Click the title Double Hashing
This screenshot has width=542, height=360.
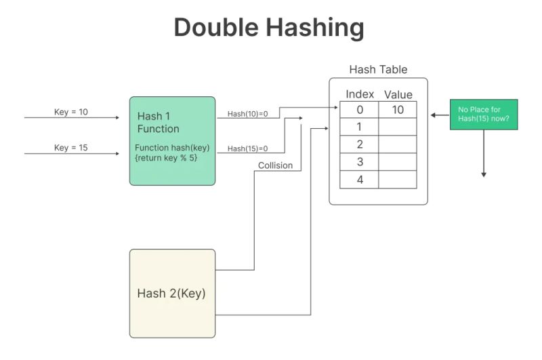pos(269,28)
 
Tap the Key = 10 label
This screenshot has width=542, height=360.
pos(71,112)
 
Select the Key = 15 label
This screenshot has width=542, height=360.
pos(71,148)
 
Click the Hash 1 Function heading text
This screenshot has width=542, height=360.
pos(159,122)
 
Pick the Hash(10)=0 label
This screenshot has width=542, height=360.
pos(247,113)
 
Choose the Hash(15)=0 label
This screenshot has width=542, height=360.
pos(247,148)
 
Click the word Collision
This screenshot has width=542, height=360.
pos(275,165)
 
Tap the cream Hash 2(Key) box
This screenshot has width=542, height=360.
pos(172,294)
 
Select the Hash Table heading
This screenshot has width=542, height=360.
pos(378,70)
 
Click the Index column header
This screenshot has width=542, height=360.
pos(360,94)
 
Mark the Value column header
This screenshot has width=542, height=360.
pos(398,95)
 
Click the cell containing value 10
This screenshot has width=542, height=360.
pos(398,110)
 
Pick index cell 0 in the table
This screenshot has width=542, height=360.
pos(360,110)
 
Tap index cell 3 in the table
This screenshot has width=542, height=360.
pos(360,162)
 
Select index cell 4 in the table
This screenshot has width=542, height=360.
pos(360,180)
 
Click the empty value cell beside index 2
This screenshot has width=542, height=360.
pos(398,144)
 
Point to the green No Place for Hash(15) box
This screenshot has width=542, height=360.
pos(484,115)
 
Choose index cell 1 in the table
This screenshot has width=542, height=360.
pos(360,127)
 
